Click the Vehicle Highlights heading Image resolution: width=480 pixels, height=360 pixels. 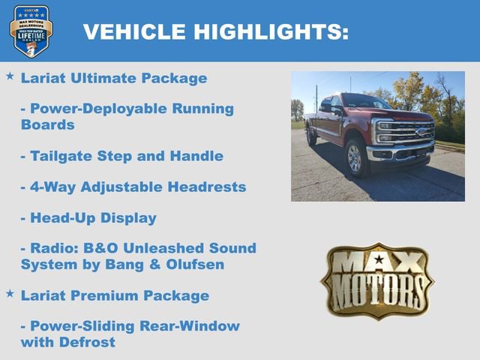click(x=215, y=31)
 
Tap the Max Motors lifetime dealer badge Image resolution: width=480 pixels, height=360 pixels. click(x=31, y=31)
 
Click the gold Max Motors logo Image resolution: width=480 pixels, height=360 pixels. click(x=377, y=280)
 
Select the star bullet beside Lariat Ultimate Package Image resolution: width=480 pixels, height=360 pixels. click(x=10, y=76)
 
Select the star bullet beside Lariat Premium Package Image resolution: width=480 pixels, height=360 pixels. click(x=10, y=294)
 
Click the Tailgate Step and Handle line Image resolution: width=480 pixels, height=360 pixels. click(x=122, y=156)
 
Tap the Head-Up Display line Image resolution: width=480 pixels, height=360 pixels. click(x=88, y=218)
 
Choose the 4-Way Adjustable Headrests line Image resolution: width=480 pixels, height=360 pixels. click(x=133, y=187)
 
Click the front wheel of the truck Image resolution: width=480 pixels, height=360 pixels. click(x=354, y=158)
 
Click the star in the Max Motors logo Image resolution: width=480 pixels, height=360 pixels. click(x=377, y=260)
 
